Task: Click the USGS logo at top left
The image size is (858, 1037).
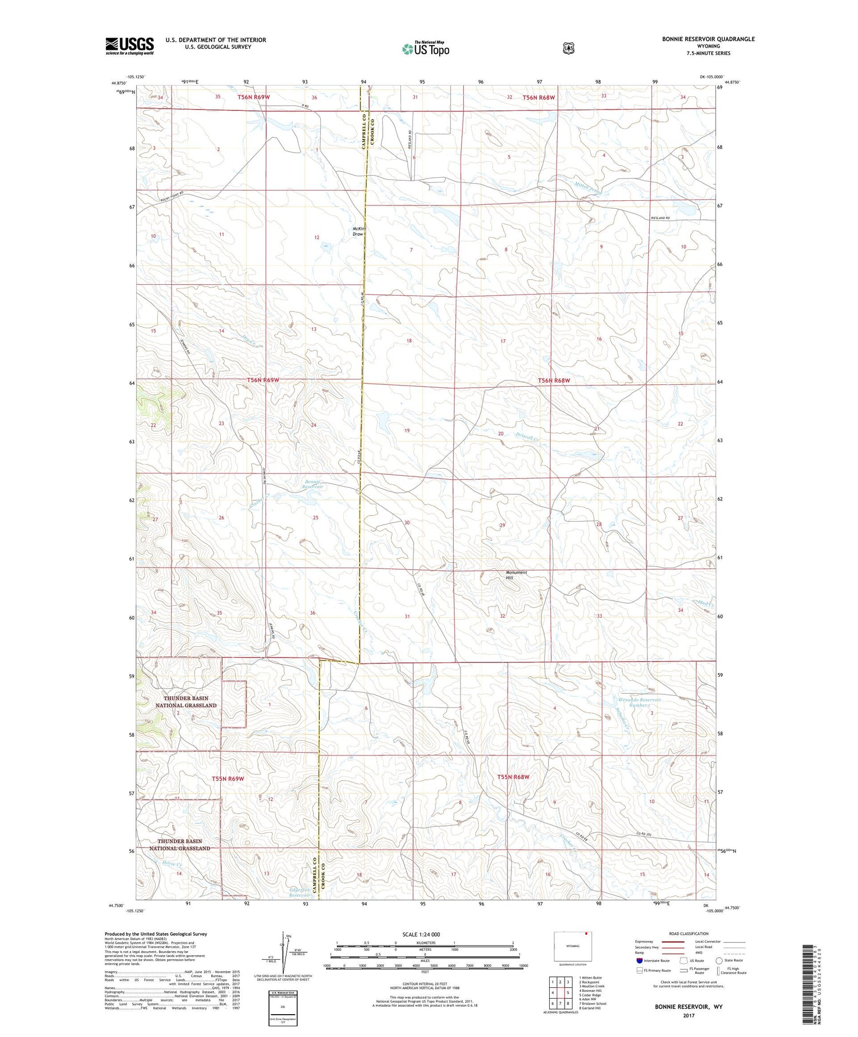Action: coord(129,46)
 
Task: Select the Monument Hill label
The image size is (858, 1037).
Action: coord(516,575)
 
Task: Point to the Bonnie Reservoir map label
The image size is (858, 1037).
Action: coord(313,484)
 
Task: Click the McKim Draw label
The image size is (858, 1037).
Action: coord(358,231)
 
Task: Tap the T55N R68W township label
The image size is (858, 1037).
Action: coord(513,777)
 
